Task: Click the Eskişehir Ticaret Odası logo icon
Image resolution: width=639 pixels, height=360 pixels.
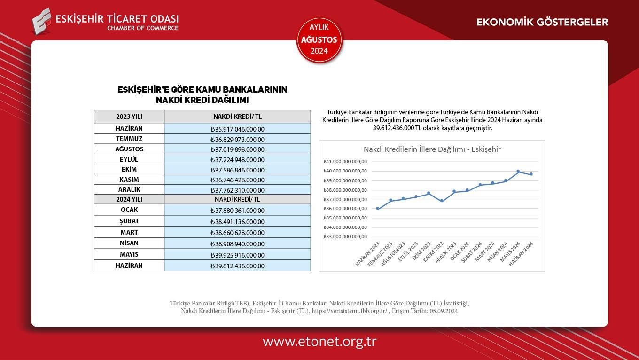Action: pyautogui.click(x=41, y=21)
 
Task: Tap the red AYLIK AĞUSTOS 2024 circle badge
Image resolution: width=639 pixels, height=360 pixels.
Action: pyautogui.click(x=319, y=39)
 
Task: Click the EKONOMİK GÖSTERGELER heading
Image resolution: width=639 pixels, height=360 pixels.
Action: pyautogui.click(x=542, y=22)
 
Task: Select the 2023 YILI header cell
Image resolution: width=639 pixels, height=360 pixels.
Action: pyautogui.click(x=129, y=117)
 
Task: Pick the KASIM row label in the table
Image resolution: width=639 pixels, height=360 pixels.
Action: pyautogui.click(x=129, y=180)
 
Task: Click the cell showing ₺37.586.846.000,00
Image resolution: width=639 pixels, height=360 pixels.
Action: pyautogui.click(x=237, y=170)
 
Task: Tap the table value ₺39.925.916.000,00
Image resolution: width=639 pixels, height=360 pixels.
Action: pyautogui.click(x=237, y=255)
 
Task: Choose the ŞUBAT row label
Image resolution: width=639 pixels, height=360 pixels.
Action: pyautogui.click(x=129, y=221)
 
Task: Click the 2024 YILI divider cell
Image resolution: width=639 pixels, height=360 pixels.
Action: pyautogui.click(x=129, y=199)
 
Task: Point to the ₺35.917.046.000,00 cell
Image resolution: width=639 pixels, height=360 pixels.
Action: pyautogui.click(x=237, y=129)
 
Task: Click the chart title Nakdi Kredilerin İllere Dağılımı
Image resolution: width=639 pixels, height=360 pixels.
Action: pyautogui.click(x=432, y=149)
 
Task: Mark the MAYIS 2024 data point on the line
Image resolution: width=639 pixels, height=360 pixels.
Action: pyautogui.click(x=518, y=171)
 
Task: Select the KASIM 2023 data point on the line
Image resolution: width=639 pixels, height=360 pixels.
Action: pyautogui.click(x=442, y=201)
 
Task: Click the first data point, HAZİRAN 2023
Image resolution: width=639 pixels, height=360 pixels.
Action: pyautogui.click(x=378, y=209)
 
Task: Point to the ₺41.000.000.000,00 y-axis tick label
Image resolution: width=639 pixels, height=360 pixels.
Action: pyautogui.click(x=345, y=162)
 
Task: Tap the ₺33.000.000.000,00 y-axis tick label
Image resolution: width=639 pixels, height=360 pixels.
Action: pyautogui.click(x=345, y=236)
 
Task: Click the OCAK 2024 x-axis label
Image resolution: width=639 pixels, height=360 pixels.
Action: pyautogui.click(x=460, y=252)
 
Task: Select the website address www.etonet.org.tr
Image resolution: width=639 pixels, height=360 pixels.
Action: pyautogui.click(x=319, y=341)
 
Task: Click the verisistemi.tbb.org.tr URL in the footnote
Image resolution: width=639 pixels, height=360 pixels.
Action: pyautogui.click(x=350, y=311)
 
